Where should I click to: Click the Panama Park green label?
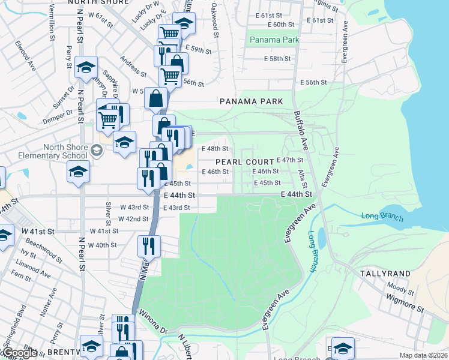click(x=274, y=40)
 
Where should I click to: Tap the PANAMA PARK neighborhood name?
click(x=251, y=101)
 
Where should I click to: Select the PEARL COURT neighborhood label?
click(x=244, y=162)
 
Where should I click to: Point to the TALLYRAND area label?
click(x=385, y=274)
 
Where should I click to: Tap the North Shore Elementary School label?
click(x=64, y=152)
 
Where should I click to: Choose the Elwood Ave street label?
click(x=26, y=56)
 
